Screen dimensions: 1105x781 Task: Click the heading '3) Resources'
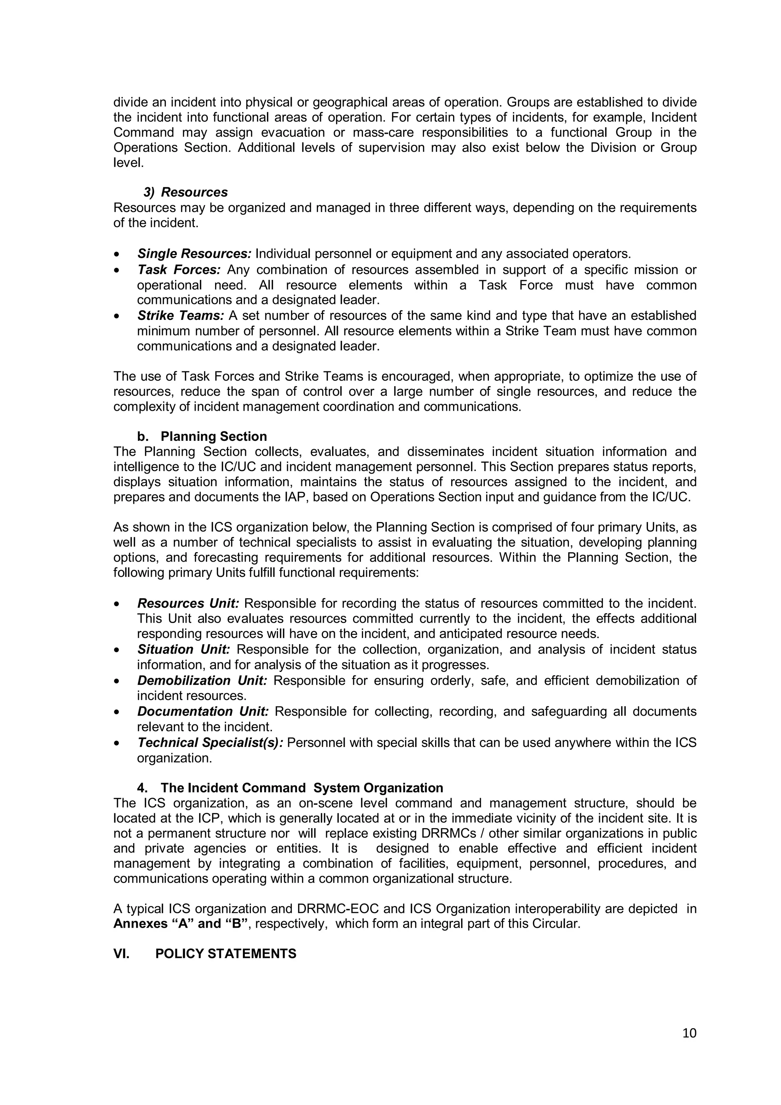(x=185, y=192)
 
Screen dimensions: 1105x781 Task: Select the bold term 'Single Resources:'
(x=194, y=254)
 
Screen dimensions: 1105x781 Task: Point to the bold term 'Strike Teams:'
(x=180, y=316)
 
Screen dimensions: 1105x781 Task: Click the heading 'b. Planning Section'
(x=202, y=437)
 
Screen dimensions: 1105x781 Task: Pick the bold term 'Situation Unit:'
(x=183, y=650)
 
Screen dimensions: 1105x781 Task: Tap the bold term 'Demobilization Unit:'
(x=202, y=681)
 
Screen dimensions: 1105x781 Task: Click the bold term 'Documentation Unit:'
(x=202, y=712)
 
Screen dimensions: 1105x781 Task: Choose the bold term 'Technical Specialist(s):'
(x=210, y=743)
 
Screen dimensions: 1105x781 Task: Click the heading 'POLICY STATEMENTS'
(x=226, y=954)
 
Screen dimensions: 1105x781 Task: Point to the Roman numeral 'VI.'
(x=121, y=954)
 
